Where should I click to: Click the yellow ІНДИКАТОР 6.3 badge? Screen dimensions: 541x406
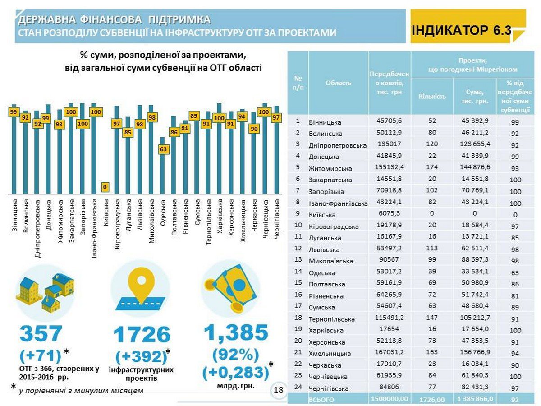(x=468, y=26)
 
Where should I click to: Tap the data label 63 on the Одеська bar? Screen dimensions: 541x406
(x=163, y=149)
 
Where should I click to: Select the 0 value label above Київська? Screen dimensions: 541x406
(x=105, y=187)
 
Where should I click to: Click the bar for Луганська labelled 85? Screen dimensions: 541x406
(x=128, y=155)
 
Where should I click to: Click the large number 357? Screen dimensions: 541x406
(x=41, y=333)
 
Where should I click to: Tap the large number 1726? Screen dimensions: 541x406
(x=142, y=335)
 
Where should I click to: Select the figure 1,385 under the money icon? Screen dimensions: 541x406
(x=236, y=332)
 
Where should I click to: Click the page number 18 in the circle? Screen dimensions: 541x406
(x=279, y=390)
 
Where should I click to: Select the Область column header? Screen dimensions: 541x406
(x=338, y=83)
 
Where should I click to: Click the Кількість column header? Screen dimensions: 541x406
(x=432, y=97)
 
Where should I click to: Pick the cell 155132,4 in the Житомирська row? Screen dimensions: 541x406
(x=390, y=167)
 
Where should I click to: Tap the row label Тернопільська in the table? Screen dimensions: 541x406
(x=331, y=319)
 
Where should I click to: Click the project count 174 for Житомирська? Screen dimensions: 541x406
(x=432, y=167)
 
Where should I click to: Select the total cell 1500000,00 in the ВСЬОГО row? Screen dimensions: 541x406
(x=390, y=399)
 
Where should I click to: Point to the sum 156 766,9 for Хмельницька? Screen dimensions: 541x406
(x=475, y=352)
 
